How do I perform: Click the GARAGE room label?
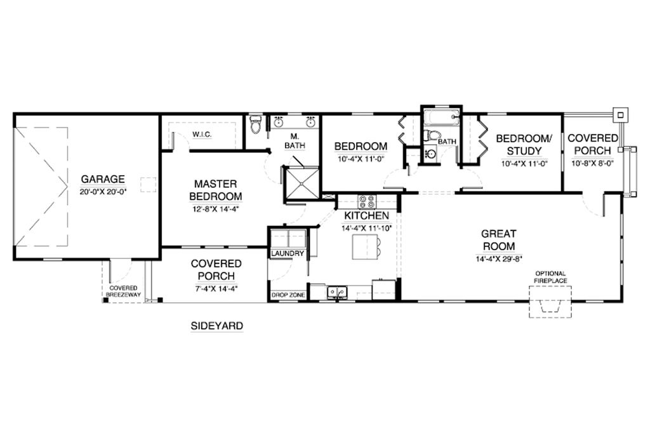point(102,179)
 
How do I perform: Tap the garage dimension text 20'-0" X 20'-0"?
point(102,191)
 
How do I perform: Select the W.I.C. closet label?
point(202,135)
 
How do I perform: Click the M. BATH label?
point(295,141)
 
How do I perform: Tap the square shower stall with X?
point(302,182)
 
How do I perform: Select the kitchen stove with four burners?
point(367,202)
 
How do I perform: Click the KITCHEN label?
point(366,216)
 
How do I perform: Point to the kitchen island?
point(363,246)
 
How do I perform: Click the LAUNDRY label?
point(288,253)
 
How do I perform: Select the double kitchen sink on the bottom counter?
point(336,292)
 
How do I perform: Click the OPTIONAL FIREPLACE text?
point(550,276)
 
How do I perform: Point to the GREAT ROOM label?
point(498,240)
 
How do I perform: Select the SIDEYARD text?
point(216,326)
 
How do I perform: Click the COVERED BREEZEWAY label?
point(124,291)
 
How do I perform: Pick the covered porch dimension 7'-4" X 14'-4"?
point(216,289)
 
